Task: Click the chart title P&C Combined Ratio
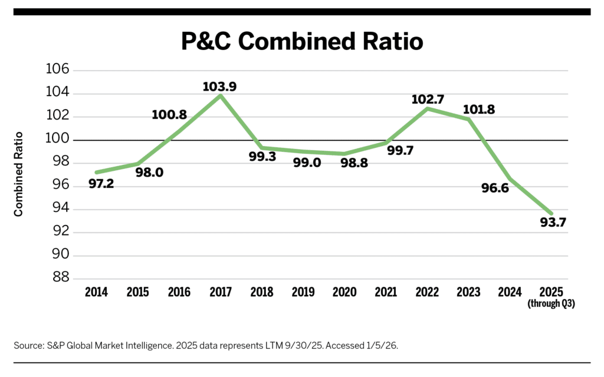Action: [x=301, y=42]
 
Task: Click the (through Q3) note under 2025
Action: [x=551, y=304]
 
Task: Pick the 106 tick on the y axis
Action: [x=58, y=70]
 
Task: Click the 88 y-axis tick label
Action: [x=60, y=277]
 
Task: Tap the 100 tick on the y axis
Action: [x=58, y=140]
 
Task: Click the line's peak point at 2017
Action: [x=221, y=95]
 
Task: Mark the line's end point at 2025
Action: [x=551, y=213]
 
